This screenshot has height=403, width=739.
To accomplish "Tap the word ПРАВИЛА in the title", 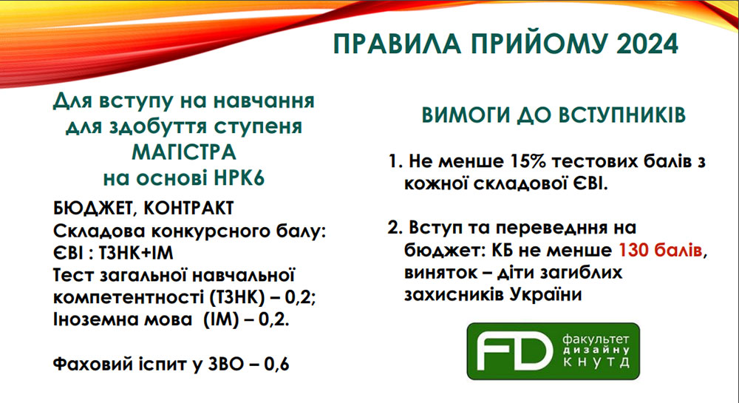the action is pos(397,44).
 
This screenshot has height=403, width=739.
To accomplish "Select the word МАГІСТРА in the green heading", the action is pos(184,152).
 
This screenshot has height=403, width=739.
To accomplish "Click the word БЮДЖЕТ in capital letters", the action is pos(92,209).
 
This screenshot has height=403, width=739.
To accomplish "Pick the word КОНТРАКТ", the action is pos(188,209).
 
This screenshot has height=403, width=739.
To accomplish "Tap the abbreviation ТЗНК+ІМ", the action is pos(136,253).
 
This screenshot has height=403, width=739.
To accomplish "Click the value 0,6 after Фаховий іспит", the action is pos(276,365).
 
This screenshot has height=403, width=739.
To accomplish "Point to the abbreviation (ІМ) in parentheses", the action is pos(222,320).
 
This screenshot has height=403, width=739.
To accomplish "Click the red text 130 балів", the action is pos(660,250).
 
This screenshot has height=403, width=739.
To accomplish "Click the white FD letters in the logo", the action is pos(514,350).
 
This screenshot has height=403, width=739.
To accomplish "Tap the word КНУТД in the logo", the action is pos(596,362).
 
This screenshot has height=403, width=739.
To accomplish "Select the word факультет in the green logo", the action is pos(596,339).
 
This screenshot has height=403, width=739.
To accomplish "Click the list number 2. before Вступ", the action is pos(395,228).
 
